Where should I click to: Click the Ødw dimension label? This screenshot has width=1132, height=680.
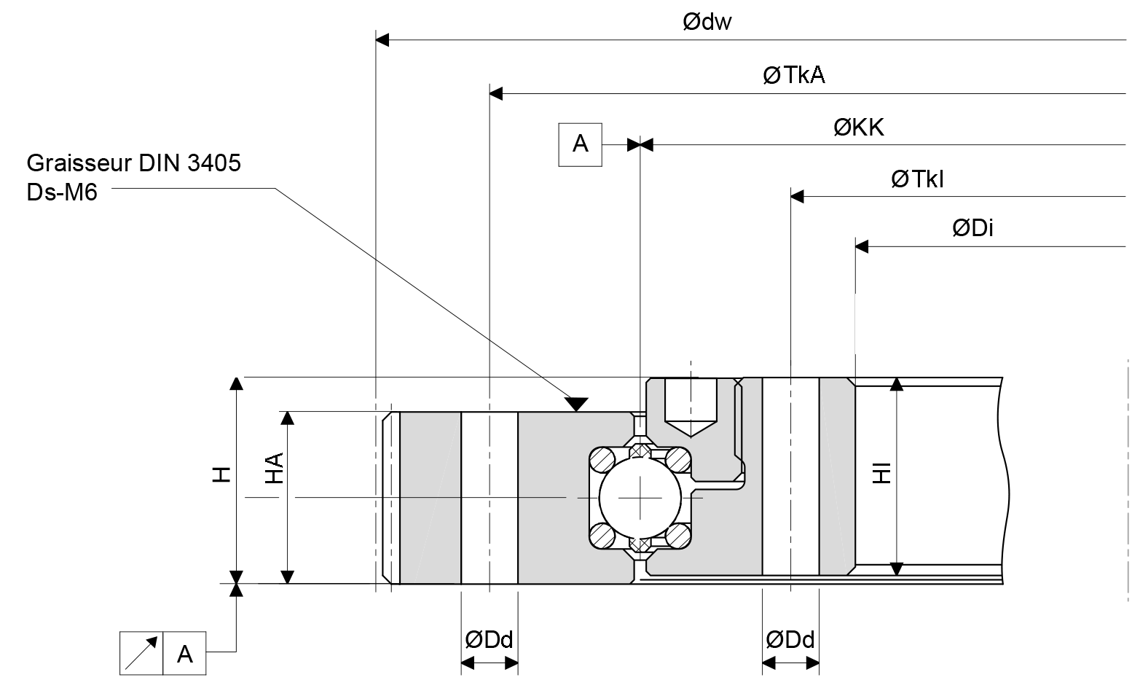click(707, 23)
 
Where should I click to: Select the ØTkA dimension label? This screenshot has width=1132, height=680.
click(793, 75)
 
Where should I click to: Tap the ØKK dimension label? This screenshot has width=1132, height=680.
click(858, 128)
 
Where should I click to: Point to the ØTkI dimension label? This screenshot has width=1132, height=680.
click(916, 179)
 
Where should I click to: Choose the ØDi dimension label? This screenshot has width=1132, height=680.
click(972, 228)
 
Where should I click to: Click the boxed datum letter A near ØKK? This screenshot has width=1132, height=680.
click(580, 144)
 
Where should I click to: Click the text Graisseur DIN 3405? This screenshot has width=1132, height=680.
click(133, 163)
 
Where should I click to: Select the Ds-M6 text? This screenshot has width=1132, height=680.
click(61, 192)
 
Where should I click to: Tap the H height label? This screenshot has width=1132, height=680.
click(222, 475)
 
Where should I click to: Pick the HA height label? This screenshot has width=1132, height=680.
click(273, 468)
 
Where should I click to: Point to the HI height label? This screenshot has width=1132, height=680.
click(882, 473)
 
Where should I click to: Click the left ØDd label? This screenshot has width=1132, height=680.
click(489, 640)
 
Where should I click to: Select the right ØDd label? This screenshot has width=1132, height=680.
click(790, 640)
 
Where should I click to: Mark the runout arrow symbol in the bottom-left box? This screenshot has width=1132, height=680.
click(141, 654)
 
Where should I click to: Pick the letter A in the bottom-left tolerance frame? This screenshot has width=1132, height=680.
click(185, 654)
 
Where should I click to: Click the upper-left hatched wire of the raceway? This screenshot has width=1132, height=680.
click(602, 461)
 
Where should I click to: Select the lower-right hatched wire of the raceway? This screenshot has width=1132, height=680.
click(677, 536)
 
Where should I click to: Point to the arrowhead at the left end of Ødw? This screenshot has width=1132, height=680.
click(382, 39)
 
